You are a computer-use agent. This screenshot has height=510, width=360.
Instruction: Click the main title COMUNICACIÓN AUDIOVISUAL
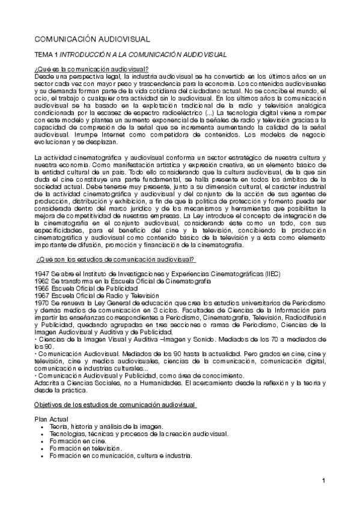pyautogui.click(x=91, y=39)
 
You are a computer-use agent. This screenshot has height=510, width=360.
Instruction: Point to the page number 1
pyautogui.click(x=323, y=480)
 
